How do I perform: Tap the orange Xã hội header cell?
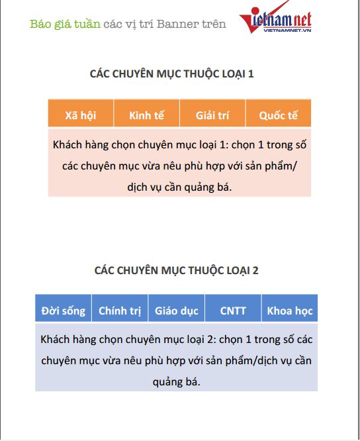point(81,115)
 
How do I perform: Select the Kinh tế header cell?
point(146,115)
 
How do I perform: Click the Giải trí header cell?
point(212,115)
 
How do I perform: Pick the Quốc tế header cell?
point(278,115)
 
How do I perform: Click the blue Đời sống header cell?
point(64,310)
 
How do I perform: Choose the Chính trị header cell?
point(120,310)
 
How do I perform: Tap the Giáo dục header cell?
point(177,310)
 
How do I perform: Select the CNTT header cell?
point(232,310)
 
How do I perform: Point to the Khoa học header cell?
point(289,310)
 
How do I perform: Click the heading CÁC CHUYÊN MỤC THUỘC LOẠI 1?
point(172,74)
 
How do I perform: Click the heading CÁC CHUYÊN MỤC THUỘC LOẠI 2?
point(177,270)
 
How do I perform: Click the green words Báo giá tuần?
point(65,24)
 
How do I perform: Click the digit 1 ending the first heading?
point(251,74)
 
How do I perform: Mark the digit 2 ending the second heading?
point(255,270)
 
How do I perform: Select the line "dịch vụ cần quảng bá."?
point(179,187)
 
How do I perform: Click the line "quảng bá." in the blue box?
point(176,382)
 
